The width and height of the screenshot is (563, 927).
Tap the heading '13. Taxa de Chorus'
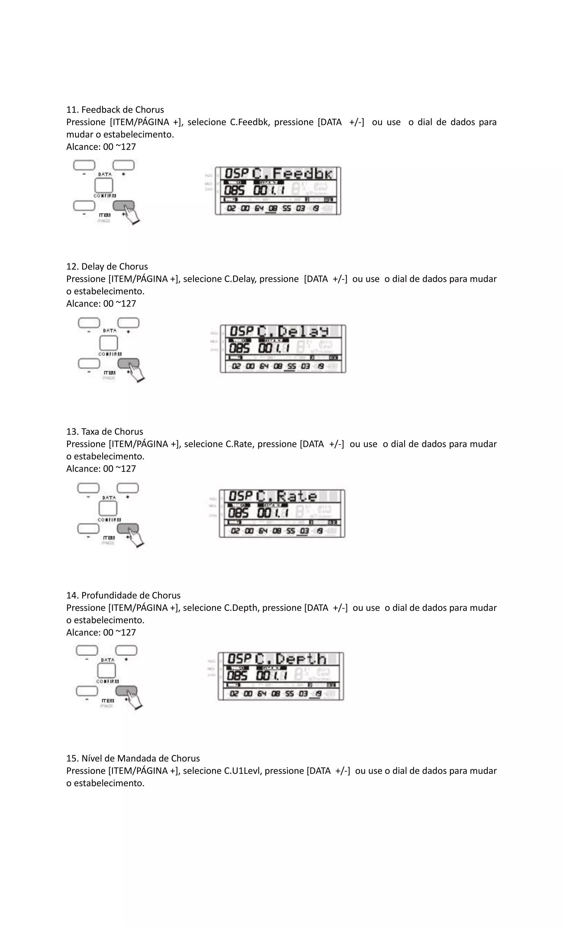click(105, 431)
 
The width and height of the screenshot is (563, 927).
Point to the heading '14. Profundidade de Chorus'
click(123, 595)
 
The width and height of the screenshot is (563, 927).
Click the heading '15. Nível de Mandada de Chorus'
click(133, 758)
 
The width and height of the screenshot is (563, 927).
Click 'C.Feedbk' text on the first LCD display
click(293, 174)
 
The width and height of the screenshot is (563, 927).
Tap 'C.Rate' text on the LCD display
click(287, 496)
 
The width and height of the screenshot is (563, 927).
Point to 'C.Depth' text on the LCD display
click(291, 659)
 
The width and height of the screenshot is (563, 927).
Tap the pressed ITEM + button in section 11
click(123, 205)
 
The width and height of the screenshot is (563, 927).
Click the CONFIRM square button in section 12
click(108, 343)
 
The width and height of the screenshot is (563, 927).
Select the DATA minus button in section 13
click(88, 488)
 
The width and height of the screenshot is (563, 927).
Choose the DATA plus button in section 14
click(126, 650)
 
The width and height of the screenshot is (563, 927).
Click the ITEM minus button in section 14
click(87, 691)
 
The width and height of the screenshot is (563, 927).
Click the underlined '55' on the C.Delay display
click(291, 366)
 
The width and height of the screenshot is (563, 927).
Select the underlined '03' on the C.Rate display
click(304, 531)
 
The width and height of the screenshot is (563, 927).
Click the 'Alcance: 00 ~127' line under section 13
click(101, 468)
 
